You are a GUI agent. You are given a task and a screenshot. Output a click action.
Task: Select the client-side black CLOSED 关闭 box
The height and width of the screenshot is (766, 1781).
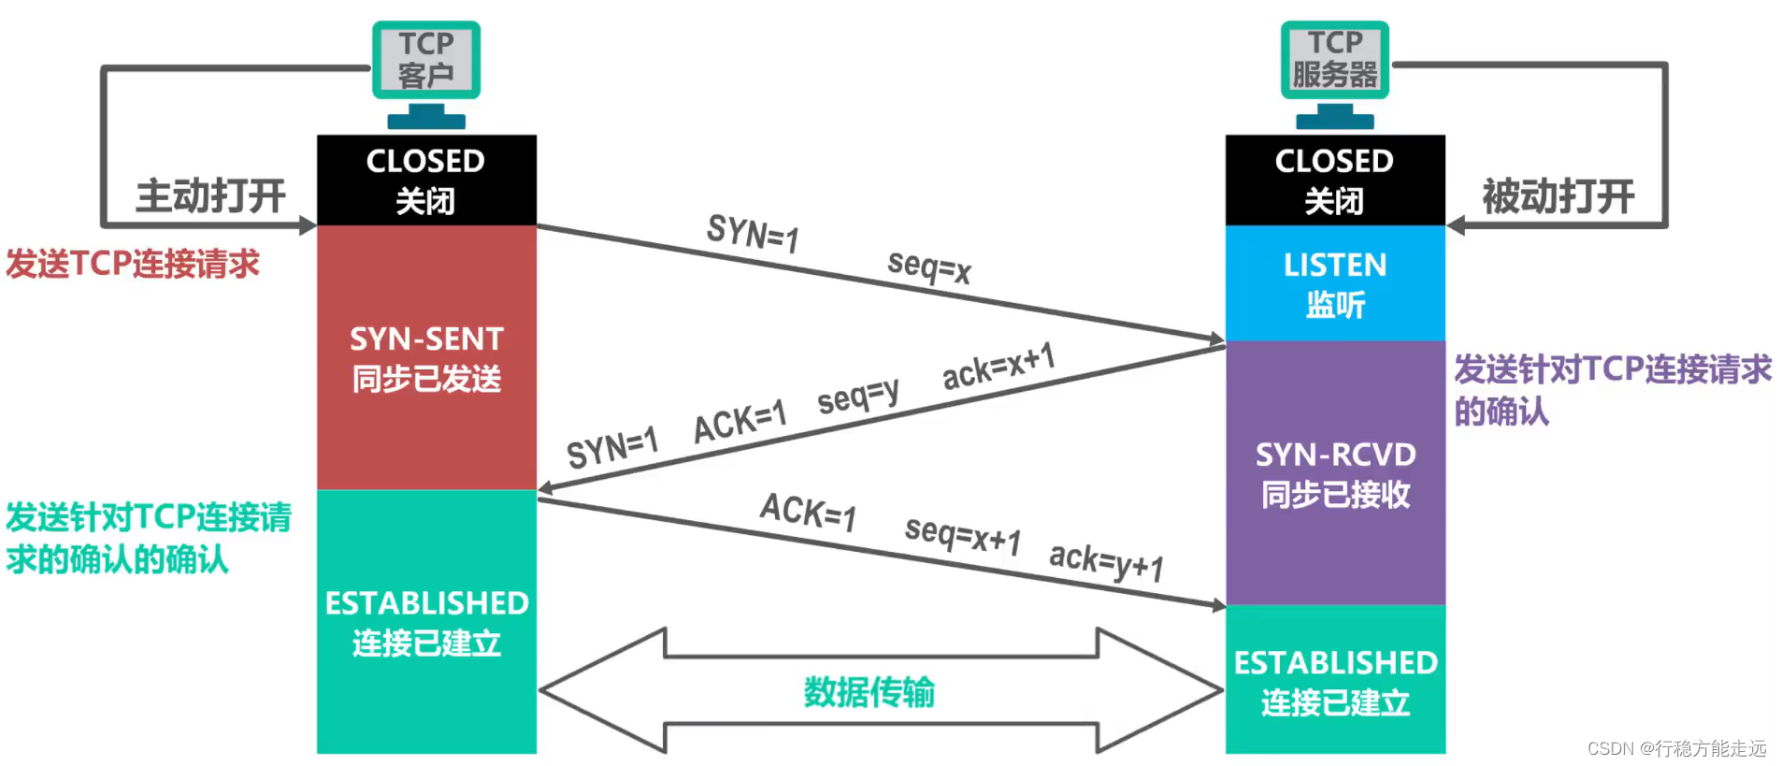pos(426,180)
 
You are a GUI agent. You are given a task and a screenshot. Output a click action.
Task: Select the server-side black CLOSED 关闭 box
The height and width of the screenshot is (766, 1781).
pos(1334,180)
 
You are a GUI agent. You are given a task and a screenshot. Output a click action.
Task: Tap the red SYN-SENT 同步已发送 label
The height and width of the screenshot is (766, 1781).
pos(426,358)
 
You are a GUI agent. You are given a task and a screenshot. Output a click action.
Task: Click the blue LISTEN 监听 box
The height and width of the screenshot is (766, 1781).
pos(1334,283)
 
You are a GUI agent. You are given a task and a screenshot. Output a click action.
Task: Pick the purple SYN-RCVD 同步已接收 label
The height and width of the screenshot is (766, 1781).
pos(1334,474)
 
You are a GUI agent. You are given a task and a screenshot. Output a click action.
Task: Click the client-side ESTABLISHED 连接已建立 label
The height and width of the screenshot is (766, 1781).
pos(426,622)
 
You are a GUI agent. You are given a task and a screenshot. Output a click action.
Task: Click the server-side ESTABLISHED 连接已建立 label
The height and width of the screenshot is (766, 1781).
pos(1334,682)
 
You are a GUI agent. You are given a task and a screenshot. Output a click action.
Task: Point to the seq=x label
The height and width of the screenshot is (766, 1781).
pos(929,267)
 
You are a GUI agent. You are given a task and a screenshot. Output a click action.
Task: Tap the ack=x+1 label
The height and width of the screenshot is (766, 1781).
pos(998,366)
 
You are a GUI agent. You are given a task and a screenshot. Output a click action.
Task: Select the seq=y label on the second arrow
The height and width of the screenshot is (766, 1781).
pos(857,396)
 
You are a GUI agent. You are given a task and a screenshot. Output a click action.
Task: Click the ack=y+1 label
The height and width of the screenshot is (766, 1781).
pos(1106,561)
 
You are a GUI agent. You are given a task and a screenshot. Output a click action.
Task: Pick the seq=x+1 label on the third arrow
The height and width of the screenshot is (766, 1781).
pos(962,535)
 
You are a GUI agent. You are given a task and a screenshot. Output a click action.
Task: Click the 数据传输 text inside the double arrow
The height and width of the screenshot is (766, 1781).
pos(869,692)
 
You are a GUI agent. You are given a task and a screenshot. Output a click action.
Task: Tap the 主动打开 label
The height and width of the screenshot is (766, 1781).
pos(210,196)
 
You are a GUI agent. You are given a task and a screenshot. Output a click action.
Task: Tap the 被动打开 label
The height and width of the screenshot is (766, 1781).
pos(1558,196)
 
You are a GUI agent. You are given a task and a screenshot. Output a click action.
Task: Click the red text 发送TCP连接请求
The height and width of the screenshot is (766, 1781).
pos(133,264)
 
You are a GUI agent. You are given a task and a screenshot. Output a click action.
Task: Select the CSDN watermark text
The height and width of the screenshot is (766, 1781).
pos(1676,748)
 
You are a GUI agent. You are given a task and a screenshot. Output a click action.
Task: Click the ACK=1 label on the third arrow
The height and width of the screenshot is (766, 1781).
pos(808,512)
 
